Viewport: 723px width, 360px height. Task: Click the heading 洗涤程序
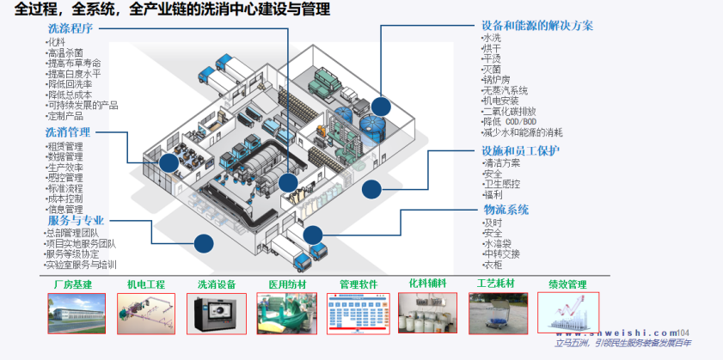70,28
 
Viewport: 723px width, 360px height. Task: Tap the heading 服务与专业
76,220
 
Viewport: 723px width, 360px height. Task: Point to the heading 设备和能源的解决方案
538,26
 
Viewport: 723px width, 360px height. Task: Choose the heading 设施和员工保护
521,150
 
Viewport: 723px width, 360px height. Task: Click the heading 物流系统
505,209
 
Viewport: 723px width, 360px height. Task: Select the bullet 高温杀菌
65,52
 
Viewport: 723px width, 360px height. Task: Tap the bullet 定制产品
65,115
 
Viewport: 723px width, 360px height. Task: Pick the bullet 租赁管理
65,146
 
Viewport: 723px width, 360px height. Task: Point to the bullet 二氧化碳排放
510,111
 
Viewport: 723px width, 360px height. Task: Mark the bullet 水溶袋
499,243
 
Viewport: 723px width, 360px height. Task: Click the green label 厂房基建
72,284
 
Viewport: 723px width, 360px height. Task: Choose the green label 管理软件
358,284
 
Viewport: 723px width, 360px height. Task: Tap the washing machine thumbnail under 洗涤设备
216,314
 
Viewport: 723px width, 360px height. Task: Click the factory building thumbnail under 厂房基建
76,314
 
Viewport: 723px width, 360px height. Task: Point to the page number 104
683,333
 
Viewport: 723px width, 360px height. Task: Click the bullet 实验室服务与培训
82,265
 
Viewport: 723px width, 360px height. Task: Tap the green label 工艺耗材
498,284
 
